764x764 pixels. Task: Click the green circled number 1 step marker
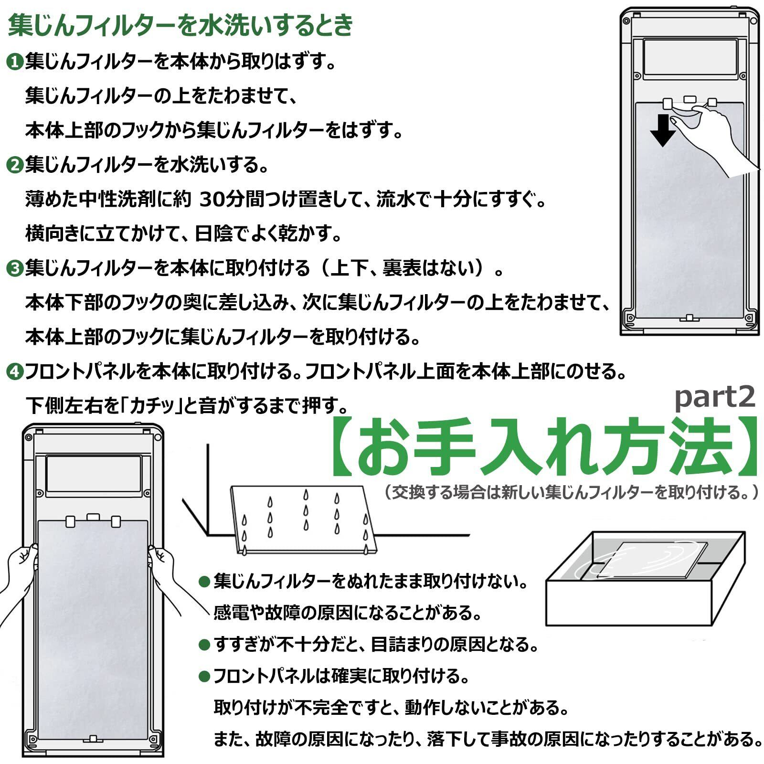click(15, 62)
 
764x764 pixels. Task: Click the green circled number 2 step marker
click(15, 166)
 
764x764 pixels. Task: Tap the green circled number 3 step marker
click(15, 269)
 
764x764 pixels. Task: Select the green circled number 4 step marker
click(15, 372)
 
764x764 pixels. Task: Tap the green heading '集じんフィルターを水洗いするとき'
click(180, 26)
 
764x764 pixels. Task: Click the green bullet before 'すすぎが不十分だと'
click(204, 645)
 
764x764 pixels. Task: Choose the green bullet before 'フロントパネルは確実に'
click(204, 676)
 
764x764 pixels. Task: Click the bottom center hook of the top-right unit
click(689, 318)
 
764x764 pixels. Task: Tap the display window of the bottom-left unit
click(94, 473)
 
